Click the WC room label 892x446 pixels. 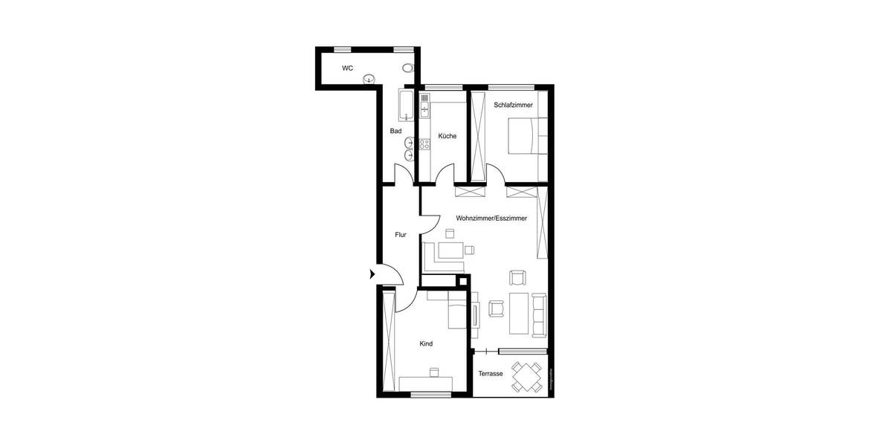347,68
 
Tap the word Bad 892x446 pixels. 395,132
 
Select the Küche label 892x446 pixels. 447,136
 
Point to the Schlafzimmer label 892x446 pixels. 513,105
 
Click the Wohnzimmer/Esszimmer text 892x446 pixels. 491,219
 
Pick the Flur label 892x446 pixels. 401,235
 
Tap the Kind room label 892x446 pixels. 426,344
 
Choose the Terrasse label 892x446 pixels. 491,374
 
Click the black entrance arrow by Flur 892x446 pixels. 372,274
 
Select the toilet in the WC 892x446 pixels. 407,68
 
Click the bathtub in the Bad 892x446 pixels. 406,105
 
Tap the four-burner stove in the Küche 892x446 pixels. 424,144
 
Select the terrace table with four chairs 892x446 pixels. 527,377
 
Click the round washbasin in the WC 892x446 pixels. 369,79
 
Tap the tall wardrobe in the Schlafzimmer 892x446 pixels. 477,136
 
